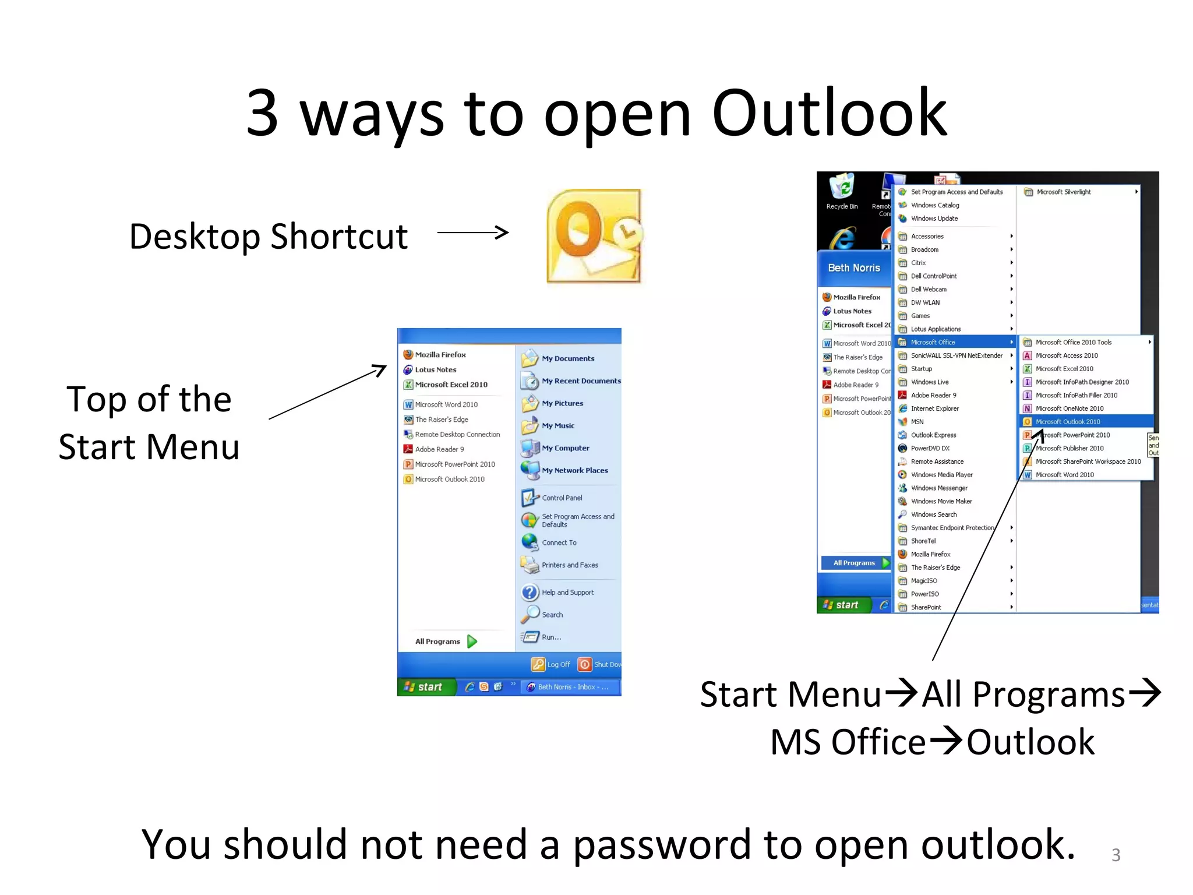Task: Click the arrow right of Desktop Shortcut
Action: (x=473, y=232)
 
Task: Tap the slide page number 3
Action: (x=1116, y=855)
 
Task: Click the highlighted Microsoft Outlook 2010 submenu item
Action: (x=1068, y=422)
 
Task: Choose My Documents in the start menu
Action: (x=567, y=358)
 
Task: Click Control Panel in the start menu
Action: (x=562, y=498)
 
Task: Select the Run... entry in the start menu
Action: (x=551, y=637)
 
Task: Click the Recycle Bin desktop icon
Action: (x=842, y=191)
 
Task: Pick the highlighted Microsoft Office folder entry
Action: (x=933, y=342)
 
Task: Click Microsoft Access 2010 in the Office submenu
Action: (x=1066, y=355)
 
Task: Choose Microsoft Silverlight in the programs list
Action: (x=1063, y=192)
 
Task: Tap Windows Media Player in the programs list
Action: (x=941, y=475)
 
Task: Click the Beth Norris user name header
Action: (x=854, y=267)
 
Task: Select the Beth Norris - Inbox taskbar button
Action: (x=569, y=687)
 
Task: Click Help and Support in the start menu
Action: (x=567, y=592)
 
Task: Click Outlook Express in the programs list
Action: (x=933, y=435)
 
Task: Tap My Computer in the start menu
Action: (x=565, y=448)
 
